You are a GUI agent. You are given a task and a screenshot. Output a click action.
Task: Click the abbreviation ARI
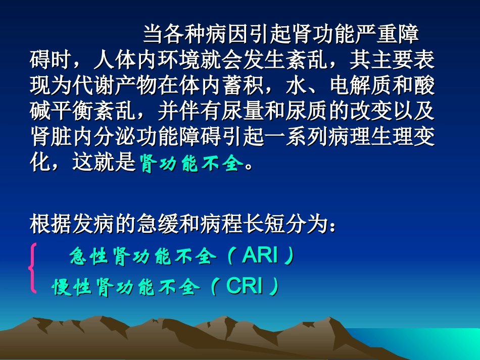(x=260, y=256)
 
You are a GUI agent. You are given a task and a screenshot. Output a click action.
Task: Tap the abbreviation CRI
(x=245, y=286)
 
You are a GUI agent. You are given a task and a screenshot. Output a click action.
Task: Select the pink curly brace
(x=33, y=268)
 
